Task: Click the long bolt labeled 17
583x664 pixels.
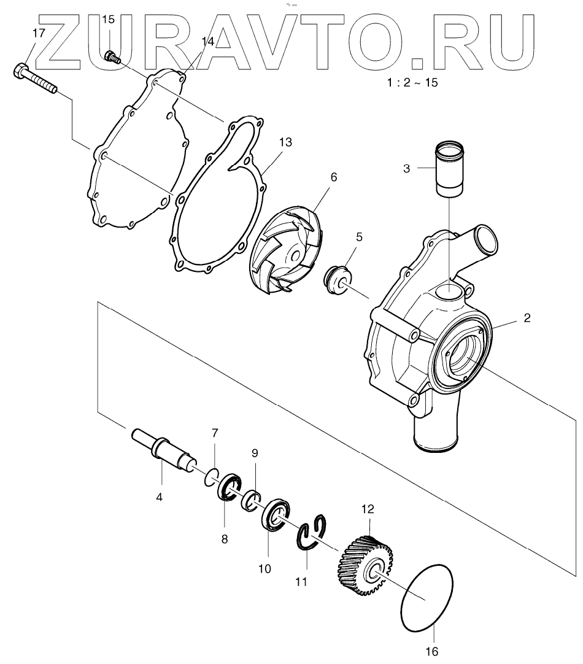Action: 34,78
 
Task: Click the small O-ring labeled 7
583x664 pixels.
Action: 212,476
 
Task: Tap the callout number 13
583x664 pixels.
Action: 285,142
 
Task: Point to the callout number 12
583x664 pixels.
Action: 368,509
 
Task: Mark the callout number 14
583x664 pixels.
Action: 207,42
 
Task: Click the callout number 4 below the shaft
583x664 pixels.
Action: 159,497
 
